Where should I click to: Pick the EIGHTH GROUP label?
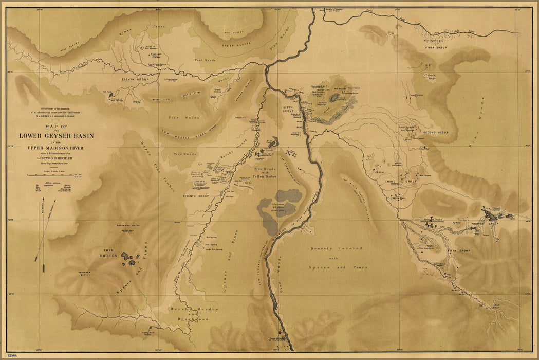click(x=135, y=80)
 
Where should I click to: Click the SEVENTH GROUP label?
click(x=195, y=196)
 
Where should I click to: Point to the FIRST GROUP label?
click(x=436, y=47)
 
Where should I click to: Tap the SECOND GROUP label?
click(x=436, y=132)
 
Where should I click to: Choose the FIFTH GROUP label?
click(x=459, y=250)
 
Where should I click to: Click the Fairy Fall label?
click(x=148, y=332)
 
